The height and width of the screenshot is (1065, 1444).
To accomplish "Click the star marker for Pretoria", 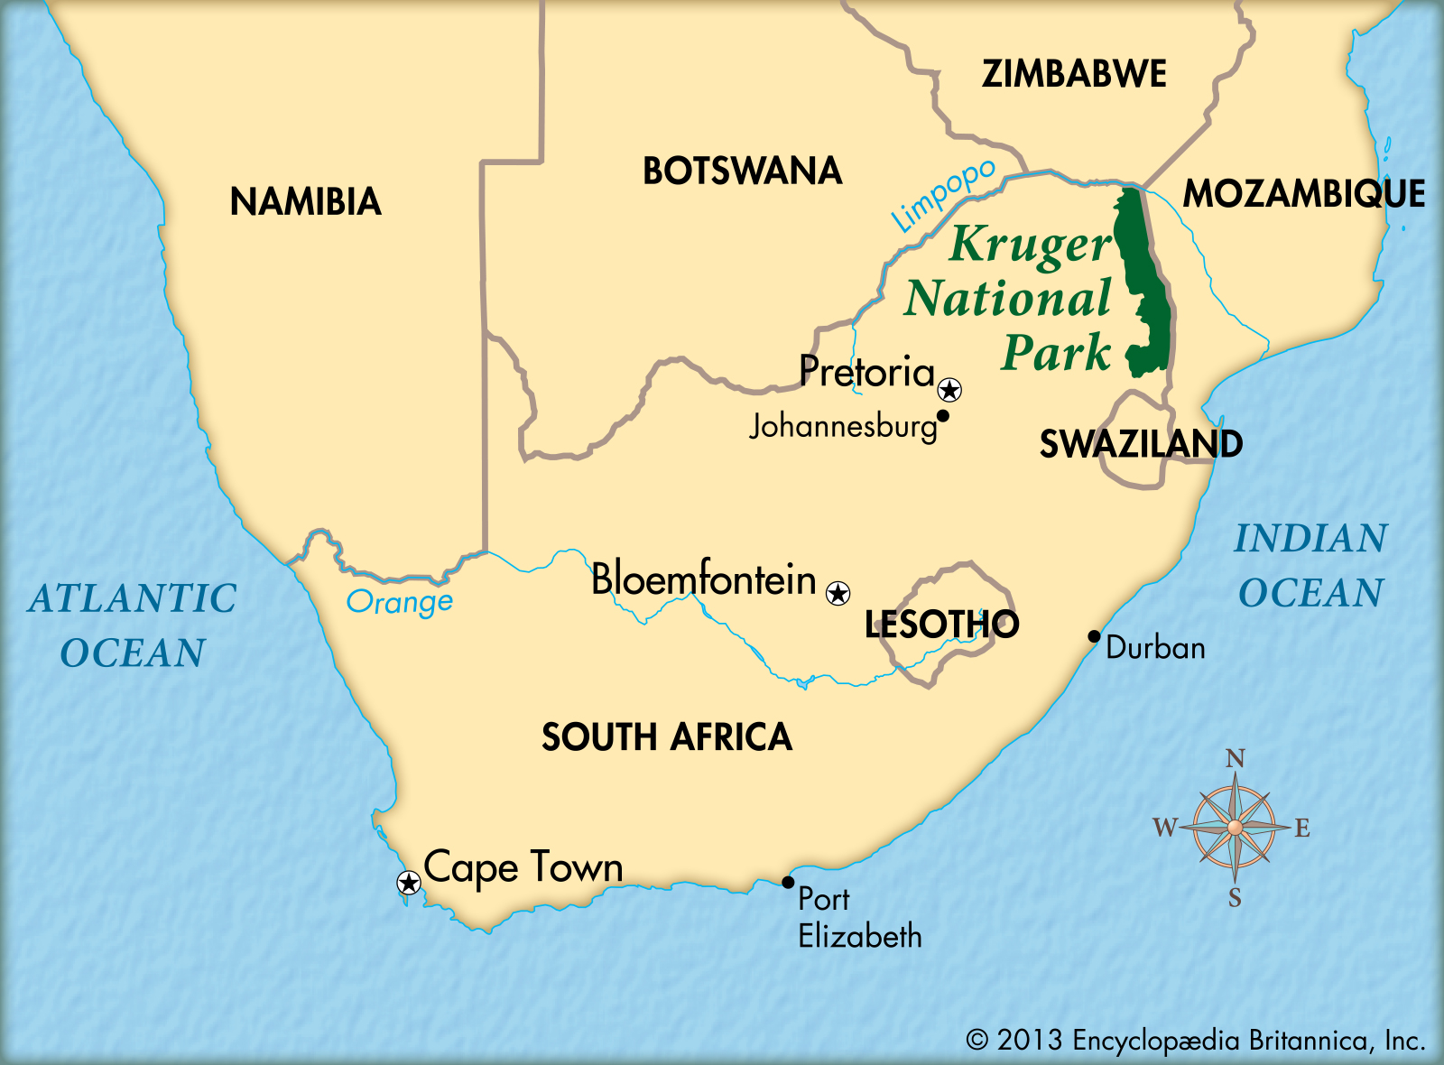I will click(949, 390).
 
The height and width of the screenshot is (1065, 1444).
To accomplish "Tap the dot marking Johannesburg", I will click(943, 416).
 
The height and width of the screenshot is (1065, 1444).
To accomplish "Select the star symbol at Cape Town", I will click(409, 883).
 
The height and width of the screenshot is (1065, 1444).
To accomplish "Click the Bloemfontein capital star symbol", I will click(838, 593).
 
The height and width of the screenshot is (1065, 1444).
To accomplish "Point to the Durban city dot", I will click(1094, 636).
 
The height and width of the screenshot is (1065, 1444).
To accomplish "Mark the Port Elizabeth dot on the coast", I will click(788, 883).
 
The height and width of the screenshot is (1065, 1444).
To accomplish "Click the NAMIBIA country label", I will click(305, 201).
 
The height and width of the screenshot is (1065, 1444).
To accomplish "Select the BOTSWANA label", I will click(742, 171).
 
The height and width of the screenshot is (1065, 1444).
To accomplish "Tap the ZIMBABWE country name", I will click(1074, 74).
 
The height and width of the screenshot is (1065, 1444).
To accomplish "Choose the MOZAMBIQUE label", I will click(1304, 194).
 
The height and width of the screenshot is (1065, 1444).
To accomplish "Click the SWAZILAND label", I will click(1141, 444).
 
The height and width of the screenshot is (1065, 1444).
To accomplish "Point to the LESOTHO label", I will click(941, 625).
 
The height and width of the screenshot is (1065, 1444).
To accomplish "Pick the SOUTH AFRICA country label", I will click(666, 737).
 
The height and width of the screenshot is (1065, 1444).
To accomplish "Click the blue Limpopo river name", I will click(943, 195).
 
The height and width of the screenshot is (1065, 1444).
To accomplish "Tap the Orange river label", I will click(400, 602).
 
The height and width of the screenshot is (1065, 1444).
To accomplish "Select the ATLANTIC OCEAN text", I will click(133, 625).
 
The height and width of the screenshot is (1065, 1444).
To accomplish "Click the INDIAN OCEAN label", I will click(1310, 566).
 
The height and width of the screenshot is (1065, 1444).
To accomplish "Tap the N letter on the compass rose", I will click(1236, 758).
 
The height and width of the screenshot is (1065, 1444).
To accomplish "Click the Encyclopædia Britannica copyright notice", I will click(1195, 1041).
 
